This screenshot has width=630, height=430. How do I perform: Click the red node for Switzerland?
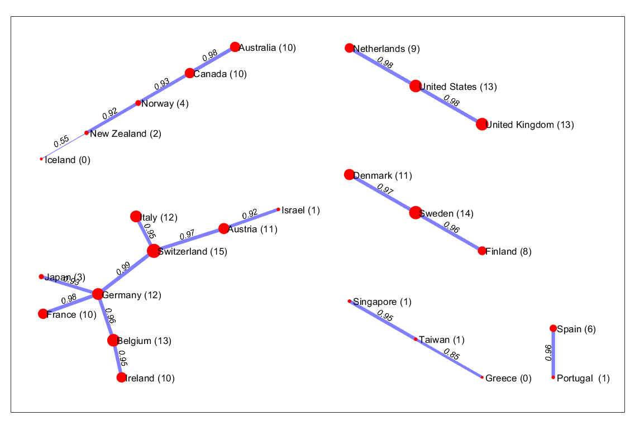154,251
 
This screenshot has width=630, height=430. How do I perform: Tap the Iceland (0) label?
67,160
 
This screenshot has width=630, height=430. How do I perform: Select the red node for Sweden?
415,213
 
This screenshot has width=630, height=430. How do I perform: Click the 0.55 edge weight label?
61,141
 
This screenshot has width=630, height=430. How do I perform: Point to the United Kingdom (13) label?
529,125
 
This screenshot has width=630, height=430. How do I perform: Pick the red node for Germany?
98,294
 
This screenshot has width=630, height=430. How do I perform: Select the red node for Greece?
482,378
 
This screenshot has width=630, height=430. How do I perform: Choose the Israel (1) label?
300,211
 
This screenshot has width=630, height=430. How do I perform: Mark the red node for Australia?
235,47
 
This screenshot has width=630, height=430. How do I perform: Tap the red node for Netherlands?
349,48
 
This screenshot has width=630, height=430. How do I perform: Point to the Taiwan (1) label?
441,340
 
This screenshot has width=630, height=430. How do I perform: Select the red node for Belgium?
113,340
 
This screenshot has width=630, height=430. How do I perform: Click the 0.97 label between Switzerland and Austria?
187,235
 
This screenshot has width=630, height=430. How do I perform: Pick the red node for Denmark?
349,175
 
